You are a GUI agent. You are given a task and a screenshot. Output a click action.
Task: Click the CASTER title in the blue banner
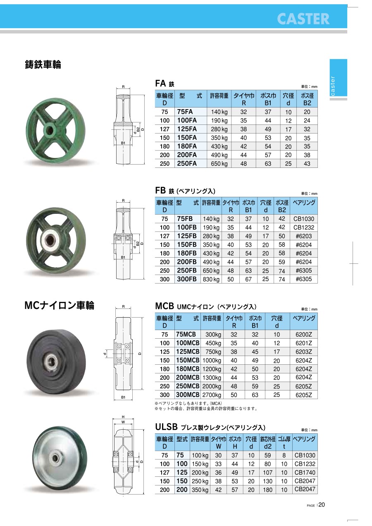(x=303, y=19)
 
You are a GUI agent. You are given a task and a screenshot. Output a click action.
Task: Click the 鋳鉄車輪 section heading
(x=43, y=65)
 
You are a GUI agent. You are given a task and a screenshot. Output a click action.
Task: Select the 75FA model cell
(x=185, y=112)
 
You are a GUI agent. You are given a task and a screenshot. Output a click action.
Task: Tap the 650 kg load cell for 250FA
(x=219, y=164)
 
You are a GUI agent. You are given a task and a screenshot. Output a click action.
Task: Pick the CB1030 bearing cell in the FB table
(x=304, y=219)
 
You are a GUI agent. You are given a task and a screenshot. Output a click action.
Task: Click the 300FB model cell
(x=186, y=279)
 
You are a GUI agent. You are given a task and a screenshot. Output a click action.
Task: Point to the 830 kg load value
(x=211, y=279)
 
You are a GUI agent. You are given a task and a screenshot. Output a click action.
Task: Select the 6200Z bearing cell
(x=304, y=335)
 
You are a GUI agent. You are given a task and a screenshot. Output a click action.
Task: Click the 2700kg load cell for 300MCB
(x=212, y=395)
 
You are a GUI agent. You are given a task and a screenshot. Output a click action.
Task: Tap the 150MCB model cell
(x=188, y=360)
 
